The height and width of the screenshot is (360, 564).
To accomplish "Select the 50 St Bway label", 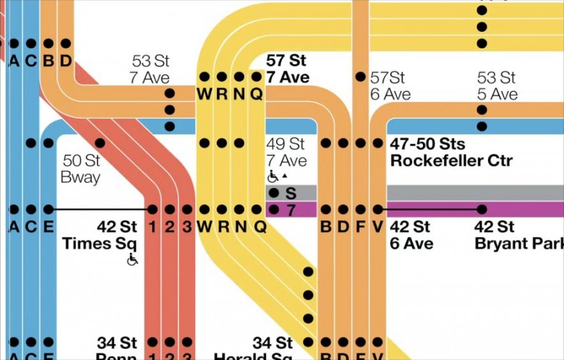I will [x=81, y=168].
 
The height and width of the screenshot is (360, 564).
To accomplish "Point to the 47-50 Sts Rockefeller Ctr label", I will [x=451, y=152].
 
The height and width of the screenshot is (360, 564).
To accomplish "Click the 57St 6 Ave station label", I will [x=390, y=85].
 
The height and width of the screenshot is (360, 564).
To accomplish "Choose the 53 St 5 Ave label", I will [x=497, y=85].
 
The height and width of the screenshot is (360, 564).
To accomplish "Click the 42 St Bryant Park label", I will [x=518, y=235].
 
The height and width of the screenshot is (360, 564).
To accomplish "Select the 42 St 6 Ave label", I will [x=411, y=235].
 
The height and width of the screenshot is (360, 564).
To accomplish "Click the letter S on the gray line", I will [x=291, y=193].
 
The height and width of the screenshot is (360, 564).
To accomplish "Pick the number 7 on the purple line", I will [x=291, y=210].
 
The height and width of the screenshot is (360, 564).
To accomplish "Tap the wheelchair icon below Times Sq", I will [x=132, y=260].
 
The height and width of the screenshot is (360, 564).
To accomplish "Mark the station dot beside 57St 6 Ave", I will [x=360, y=77].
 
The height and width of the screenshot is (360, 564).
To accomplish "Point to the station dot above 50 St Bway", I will [x=100, y=143].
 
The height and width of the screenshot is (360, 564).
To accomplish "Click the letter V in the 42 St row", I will [x=377, y=227].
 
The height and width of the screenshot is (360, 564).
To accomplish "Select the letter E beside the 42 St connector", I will [x=48, y=227].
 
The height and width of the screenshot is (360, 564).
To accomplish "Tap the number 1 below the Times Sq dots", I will [x=153, y=227].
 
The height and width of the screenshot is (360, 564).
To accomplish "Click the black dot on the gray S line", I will [x=274, y=192].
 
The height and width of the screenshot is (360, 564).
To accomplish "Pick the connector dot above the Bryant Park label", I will [x=482, y=210].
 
